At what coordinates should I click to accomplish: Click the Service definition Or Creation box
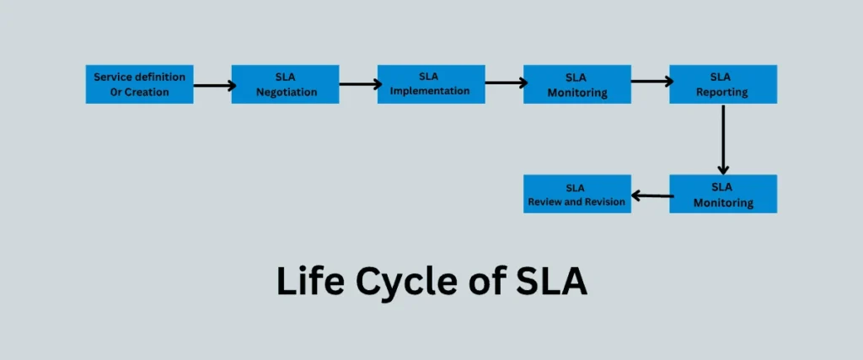coord(139,83)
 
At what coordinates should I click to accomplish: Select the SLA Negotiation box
coord(285,83)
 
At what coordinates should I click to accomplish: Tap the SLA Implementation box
coord(431,83)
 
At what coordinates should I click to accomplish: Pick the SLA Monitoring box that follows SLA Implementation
coord(576,83)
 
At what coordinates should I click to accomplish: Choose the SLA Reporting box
coord(722,83)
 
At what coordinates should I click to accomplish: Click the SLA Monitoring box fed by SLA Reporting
coord(722,193)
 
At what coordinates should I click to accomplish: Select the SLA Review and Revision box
coord(576,193)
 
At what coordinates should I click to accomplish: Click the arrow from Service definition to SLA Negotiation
coord(214,85)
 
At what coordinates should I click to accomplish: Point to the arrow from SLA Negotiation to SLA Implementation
coord(360,84)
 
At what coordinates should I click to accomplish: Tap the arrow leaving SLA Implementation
coord(506,83)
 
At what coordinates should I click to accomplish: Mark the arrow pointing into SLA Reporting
coord(651,82)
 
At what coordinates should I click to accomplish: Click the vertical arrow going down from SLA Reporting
coord(723,139)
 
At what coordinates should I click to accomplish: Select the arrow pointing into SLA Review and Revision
coord(652,196)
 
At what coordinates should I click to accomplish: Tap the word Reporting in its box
coord(722,92)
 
